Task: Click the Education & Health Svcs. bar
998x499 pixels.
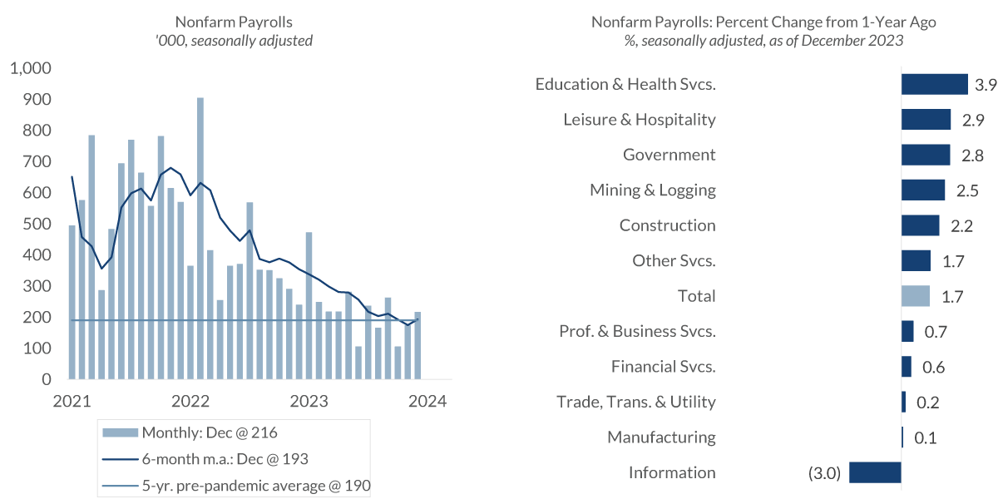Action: [934, 84]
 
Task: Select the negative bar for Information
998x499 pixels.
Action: [875, 472]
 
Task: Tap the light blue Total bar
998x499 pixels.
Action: [916, 296]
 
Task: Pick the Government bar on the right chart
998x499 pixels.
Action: [926, 155]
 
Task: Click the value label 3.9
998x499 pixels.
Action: [986, 84]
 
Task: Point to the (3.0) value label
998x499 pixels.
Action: [825, 473]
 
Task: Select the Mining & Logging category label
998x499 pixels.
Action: [652, 190]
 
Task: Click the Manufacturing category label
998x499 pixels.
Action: [661, 437]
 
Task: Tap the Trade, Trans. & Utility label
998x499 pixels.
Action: [635, 402]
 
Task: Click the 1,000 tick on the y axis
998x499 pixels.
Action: [30, 68]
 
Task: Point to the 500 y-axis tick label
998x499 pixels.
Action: [37, 225]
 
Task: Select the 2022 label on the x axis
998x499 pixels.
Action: [190, 401]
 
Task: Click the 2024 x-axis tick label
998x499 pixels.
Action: [427, 401]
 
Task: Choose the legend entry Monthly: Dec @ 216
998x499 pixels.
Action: [209, 432]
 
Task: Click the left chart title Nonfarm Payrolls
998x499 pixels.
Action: [234, 22]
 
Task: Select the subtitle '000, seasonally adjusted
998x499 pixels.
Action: [234, 40]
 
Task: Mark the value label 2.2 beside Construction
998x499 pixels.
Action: [963, 225]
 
